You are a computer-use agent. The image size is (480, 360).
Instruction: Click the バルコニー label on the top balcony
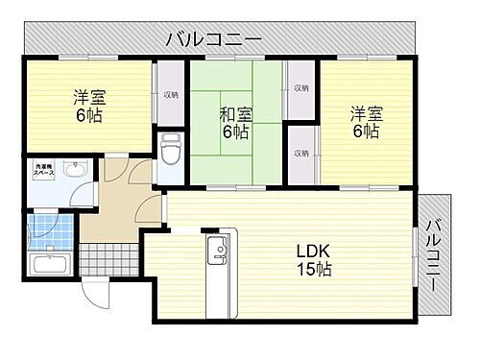[214, 39]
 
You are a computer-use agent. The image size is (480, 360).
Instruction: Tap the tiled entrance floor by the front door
[108, 258]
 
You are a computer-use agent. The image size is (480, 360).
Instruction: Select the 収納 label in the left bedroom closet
[170, 95]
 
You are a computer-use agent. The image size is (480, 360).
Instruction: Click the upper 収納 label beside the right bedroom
[301, 88]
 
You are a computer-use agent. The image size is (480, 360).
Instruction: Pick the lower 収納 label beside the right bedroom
[301, 154]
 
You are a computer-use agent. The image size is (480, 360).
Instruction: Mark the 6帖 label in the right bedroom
[365, 132]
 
